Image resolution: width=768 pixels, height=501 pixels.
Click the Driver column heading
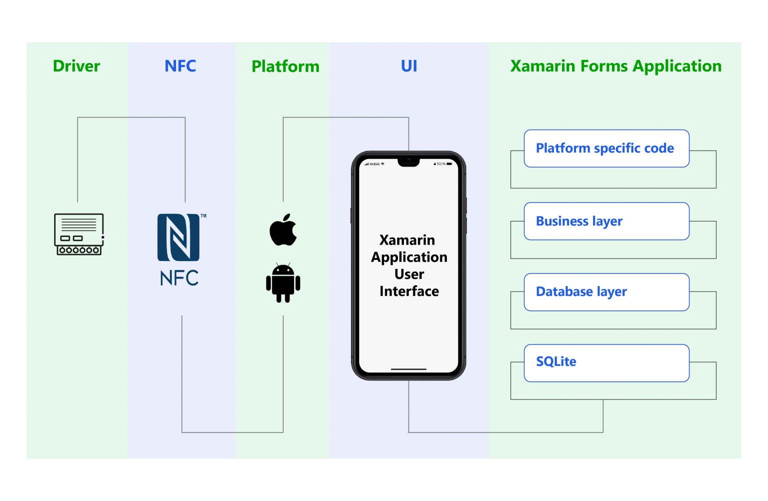point(76,66)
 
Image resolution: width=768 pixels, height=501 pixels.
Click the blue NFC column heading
point(180,66)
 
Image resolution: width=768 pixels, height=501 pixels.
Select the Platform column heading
point(285,66)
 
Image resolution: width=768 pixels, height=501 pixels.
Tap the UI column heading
point(409,66)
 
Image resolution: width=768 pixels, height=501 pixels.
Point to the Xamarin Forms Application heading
point(615,66)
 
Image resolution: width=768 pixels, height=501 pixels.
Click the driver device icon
point(79,234)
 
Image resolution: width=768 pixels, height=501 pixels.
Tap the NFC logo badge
point(178,237)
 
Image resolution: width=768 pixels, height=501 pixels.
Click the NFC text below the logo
point(179,278)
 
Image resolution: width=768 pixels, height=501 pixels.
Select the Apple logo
point(283,230)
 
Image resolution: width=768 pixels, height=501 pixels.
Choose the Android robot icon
point(283,283)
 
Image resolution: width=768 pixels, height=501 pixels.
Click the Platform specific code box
point(606,148)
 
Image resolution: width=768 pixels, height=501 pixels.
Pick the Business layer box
point(606,221)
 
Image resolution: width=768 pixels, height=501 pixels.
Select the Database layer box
point(606,292)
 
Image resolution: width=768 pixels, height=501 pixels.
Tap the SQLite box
point(606,362)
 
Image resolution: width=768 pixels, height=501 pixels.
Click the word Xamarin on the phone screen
point(407,240)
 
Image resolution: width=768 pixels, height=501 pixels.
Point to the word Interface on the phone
point(409,291)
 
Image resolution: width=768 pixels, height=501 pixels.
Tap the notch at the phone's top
point(408,162)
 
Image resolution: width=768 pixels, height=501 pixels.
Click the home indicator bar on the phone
point(408,369)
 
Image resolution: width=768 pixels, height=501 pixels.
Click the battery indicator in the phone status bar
point(449,164)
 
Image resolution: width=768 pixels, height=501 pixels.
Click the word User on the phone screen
point(409,274)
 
